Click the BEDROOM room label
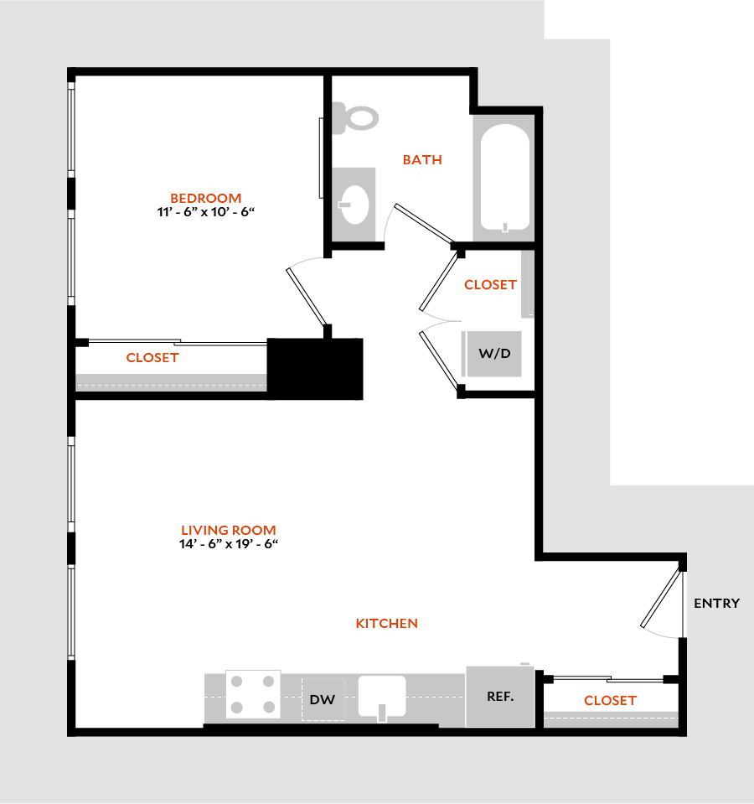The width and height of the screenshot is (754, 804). [205, 198]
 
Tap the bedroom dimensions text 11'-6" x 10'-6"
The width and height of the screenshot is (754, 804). [205, 211]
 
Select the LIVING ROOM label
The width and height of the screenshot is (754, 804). [229, 530]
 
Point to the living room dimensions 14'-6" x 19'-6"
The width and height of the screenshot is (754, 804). [229, 543]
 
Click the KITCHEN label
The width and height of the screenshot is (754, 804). [386, 623]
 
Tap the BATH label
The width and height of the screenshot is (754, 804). [421, 159]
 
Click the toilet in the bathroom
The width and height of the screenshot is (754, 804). [355, 117]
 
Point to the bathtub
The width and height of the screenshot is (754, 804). [503, 178]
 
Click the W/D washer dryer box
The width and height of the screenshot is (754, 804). [493, 354]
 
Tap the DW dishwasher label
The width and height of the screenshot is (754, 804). [323, 699]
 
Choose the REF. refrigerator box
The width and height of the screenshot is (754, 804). [499, 697]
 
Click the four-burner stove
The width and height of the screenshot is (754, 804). [253, 695]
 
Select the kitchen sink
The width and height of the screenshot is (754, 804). [382, 696]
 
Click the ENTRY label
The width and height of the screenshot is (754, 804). [716, 603]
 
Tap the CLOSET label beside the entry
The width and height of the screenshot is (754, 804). [610, 700]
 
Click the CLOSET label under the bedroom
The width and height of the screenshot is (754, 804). [152, 357]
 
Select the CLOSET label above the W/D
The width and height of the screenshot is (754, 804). [490, 284]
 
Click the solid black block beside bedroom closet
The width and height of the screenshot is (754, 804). [315, 368]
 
